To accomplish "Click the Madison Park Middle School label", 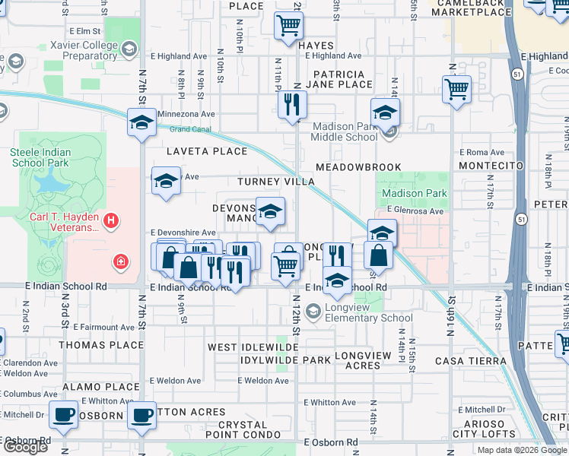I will coord(344,131).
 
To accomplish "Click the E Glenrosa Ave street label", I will coord(415,211).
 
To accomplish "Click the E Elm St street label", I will coord(84,31).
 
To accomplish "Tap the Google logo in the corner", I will coord(24,447).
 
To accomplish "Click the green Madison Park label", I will coord(414,193).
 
